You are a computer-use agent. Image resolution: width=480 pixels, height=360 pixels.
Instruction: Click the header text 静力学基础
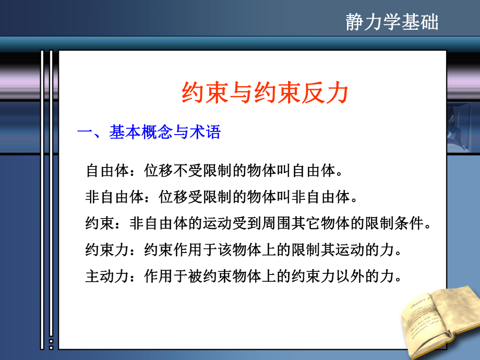click(392, 22)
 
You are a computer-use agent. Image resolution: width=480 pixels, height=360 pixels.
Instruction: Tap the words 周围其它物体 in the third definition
click(297, 224)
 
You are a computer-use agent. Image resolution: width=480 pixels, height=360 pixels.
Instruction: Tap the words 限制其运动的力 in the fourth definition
click(341, 250)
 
